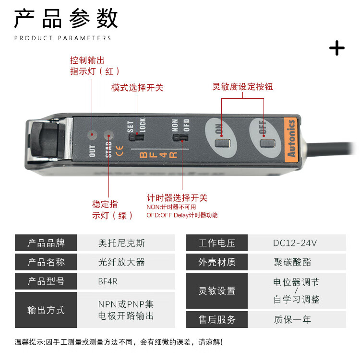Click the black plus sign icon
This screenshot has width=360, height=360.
click(x=337, y=48)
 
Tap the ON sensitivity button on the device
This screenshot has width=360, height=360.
click(x=222, y=143)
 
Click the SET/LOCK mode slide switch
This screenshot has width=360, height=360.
click(x=136, y=137)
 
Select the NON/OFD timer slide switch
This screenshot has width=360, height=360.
click(x=180, y=138)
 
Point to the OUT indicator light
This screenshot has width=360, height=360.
click(x=92, y=135)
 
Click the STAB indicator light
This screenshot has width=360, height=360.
click(x=109, y=135)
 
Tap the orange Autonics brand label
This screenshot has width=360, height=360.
click(x=291, y=139)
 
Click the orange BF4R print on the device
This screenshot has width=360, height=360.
click(x=158, y=155)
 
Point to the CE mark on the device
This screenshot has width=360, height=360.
click(x=120, y=151)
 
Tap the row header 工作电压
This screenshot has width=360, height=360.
click(x=216, y=243)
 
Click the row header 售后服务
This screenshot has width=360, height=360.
click(x=216, y=319)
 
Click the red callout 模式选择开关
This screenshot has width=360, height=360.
click(x=137, y=88)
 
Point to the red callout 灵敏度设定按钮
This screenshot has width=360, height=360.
click(x=243, y=87)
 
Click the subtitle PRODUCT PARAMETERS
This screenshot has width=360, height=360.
click(x=62, y=38)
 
